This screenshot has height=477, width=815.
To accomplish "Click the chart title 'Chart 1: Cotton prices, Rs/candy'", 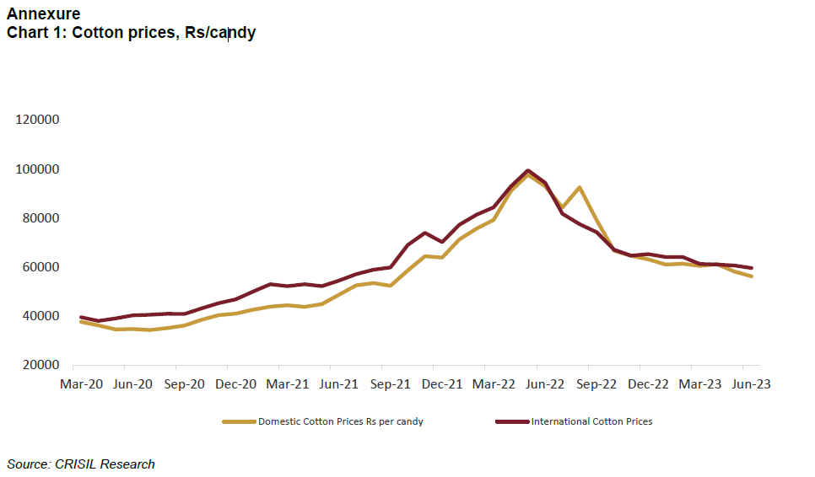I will pyautogui.click(x=131, y=33).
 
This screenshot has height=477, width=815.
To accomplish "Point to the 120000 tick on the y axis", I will pyautogui.click(x=37, y=120).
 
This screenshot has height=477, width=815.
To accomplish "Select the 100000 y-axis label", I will pyautogui.click(x=37, y=169).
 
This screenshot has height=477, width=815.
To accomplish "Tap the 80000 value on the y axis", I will pyautogui.click(x=40, y=218).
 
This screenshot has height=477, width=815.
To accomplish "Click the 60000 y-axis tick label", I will pyautogui.click(x=40, y=267).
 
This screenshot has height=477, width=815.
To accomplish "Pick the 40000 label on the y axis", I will pyautogui.click(x=40, y=316).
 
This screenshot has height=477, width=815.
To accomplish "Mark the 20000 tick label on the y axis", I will pyautogui.click(x=40, y=365).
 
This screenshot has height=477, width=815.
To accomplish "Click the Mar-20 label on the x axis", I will pyautogui.click(x=81, y=383).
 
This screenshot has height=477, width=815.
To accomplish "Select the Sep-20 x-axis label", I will pyautogui.click(x=184, y=383).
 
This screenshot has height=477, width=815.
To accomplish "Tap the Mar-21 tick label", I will pyautogui.click(x=287, y=383).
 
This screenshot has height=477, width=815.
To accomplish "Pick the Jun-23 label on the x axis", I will pyautogui.click(x=750, y=383).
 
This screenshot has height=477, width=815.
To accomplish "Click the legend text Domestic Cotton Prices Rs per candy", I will pyautogui.click(x=340, y=421).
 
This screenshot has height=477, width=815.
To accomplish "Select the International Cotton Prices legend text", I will pyautogui.click(x=591, y=421).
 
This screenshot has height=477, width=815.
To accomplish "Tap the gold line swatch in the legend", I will pyautogui.click(x=239, y=421).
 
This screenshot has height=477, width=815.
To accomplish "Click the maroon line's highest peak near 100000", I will pyautogui.click(x=528, y=171).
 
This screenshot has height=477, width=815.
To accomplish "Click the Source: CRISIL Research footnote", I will pyautogui.click(x=81, y=464).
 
